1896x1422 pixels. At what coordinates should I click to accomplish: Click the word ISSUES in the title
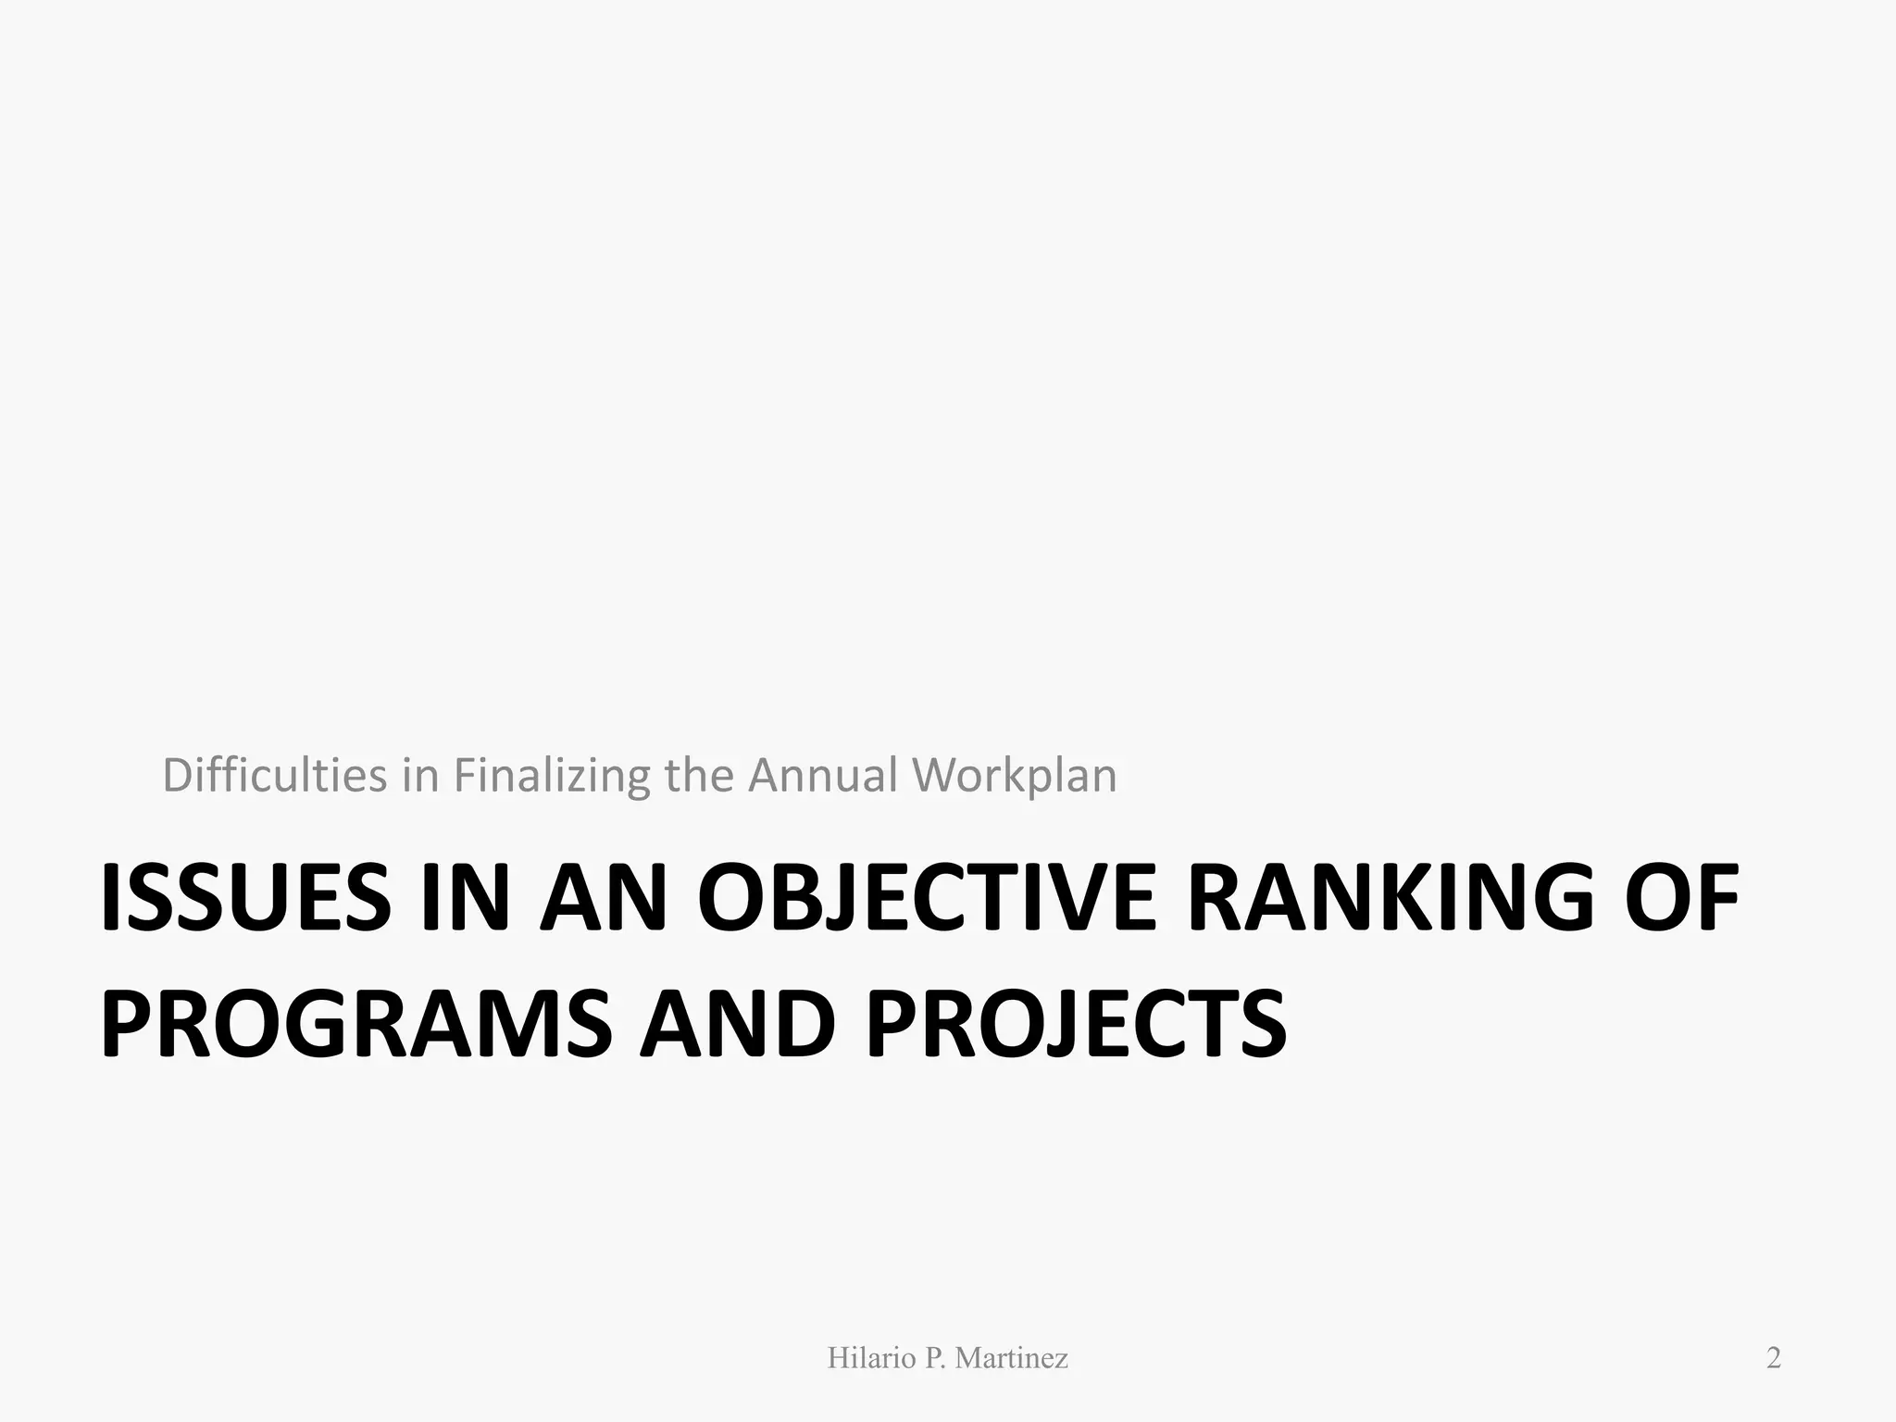point(245,898)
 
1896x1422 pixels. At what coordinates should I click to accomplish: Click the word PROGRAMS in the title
point(355,1025)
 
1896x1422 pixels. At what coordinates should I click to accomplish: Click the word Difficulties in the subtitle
point(274,776)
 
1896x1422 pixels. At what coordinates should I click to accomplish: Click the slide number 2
point(1773,1358)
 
